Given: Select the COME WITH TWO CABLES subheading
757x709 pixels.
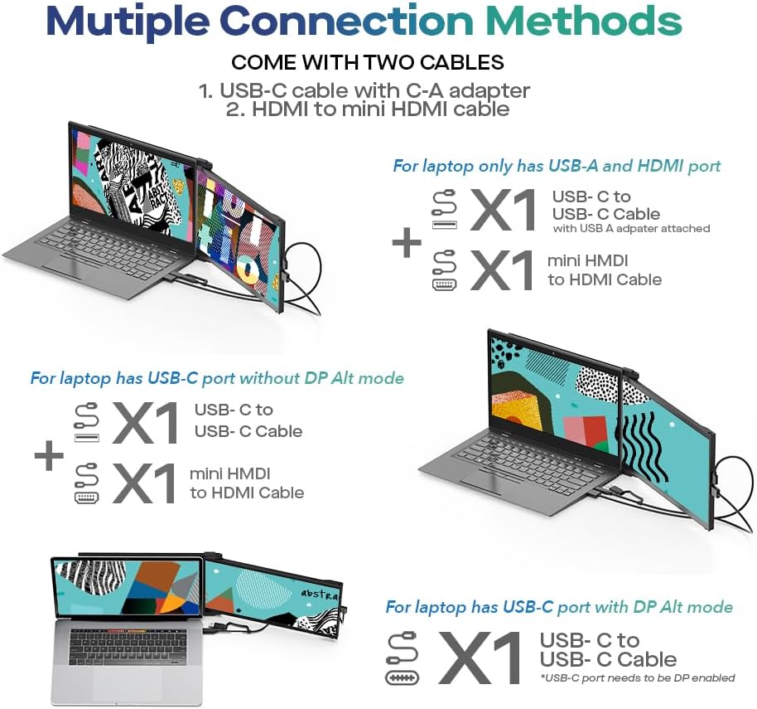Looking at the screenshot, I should click(367, 63).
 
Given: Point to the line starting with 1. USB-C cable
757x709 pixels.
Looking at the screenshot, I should click(364, 90).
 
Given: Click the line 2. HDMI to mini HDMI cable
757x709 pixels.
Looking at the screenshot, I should click(368, 109).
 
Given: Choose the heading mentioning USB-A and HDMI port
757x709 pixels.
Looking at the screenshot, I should click(557, 166).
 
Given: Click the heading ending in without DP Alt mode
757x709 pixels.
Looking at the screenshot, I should click(217, 378).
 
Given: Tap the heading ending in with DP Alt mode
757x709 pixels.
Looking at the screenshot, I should click(559, 607).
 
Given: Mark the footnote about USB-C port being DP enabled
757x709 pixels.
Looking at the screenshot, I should click(637, 677).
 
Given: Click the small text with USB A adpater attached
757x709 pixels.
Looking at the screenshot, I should click(631, 228).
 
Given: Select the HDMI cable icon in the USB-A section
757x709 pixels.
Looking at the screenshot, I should click(444, 270).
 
